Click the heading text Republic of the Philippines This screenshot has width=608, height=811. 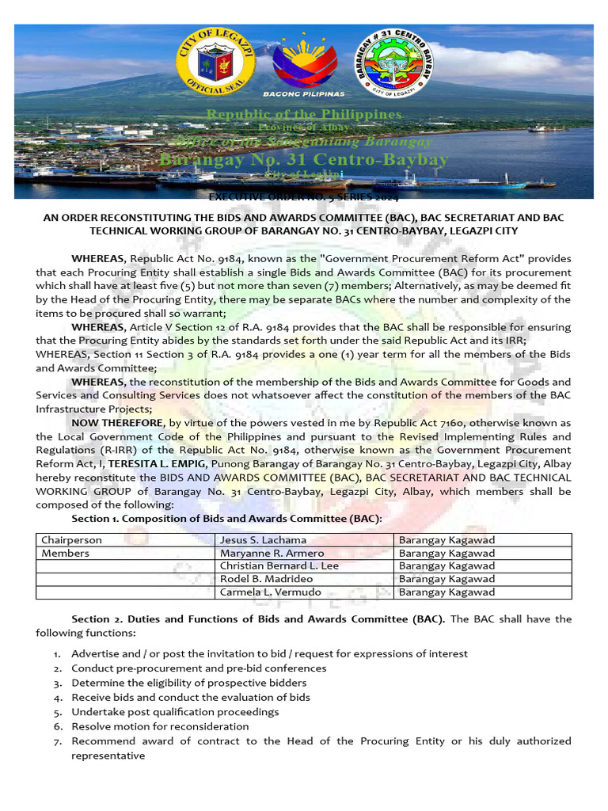tap(304, 115)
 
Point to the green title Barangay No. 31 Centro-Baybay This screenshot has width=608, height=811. tap(304, 160)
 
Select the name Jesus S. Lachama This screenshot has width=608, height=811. tap(257, 540)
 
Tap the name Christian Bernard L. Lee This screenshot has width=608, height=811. tap(279, 565)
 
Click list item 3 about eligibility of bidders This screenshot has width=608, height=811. tap(188, 683)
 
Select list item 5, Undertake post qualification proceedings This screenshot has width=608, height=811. tap(175, 712)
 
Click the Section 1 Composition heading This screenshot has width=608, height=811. tap(226, 518)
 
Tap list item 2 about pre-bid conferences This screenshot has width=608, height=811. tap(199, 668)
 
